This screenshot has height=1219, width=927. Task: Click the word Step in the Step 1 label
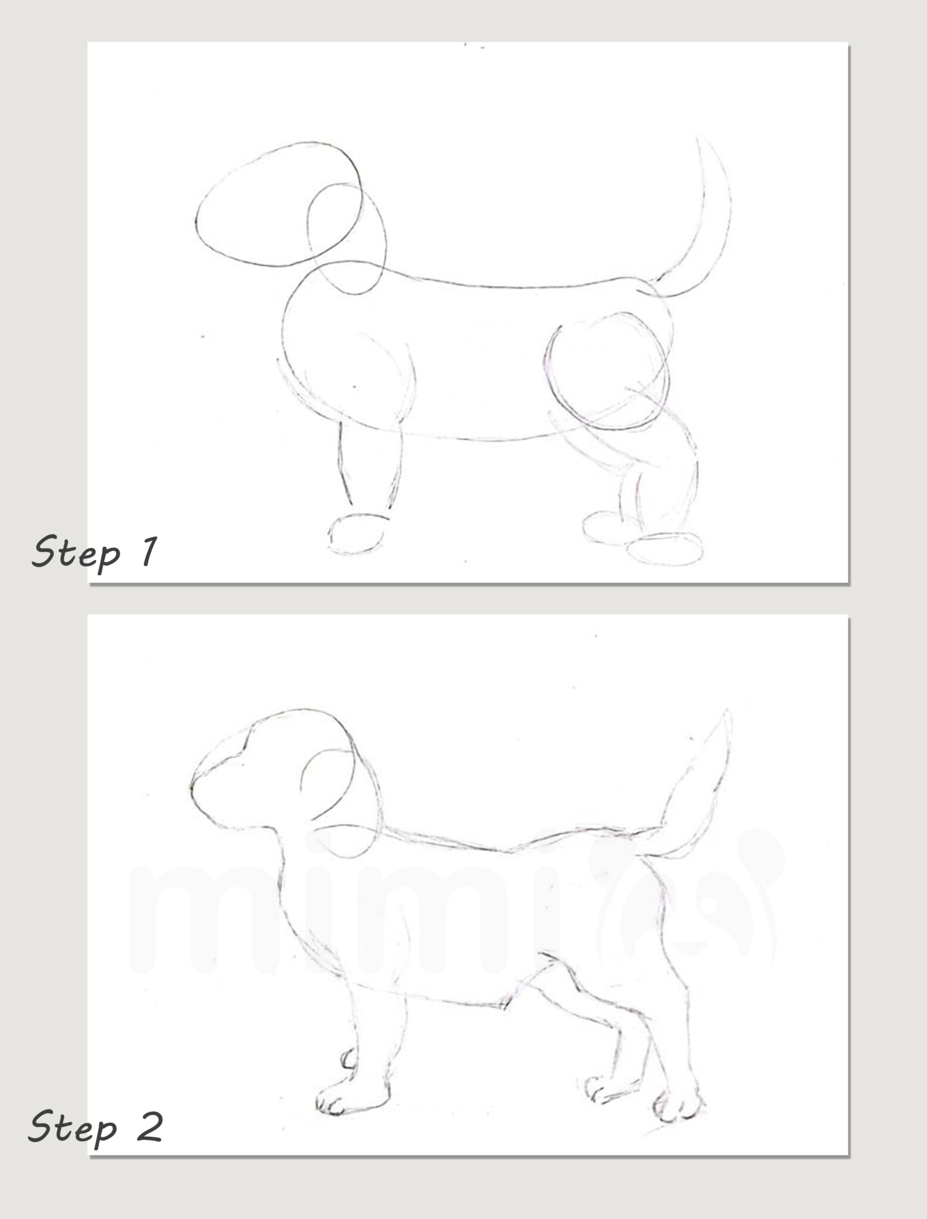(76, 553)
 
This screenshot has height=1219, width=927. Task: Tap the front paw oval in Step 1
(356, 533)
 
